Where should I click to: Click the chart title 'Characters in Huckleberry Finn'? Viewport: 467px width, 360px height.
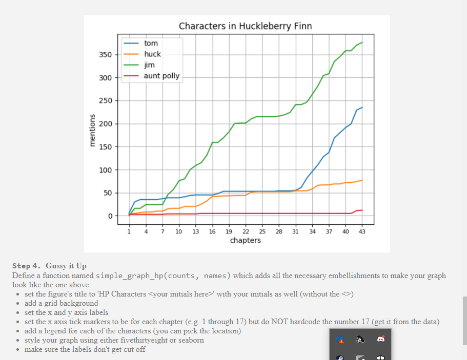tap(245, 26)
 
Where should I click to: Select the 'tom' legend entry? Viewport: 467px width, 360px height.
tap(151, 44)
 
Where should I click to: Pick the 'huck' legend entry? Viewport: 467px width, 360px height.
tap(152, 54)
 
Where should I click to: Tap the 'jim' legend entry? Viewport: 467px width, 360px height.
tap(149, 65)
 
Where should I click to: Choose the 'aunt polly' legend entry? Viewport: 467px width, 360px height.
tap(161, 76)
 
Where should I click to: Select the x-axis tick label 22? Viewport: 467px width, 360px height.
tap(246, 231)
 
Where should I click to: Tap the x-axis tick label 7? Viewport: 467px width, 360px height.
tap(163, 231)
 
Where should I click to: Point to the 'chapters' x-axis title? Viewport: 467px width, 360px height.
tap(246, 240)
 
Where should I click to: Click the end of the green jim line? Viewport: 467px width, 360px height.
tap(362, 42)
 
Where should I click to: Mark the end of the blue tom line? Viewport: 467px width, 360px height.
tap(362, 108)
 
